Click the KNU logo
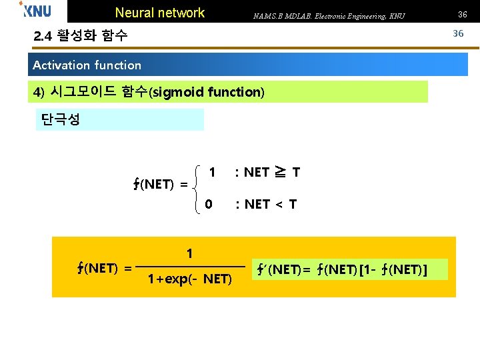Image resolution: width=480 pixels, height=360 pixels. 35,10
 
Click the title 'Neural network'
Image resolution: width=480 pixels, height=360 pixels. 160,13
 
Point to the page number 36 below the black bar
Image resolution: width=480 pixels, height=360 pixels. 458,33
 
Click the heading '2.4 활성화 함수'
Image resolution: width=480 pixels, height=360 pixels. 81,36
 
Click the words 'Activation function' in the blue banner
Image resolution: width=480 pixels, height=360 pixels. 87,65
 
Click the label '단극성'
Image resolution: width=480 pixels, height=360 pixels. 61,120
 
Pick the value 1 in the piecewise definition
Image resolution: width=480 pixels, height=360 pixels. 212,172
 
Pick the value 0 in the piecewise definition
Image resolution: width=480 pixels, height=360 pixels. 209,203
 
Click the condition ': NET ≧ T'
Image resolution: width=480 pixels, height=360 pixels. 267,173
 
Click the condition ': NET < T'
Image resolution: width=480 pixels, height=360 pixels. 265,204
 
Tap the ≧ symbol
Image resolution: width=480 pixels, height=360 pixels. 281,173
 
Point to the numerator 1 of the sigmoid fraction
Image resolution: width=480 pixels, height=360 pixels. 190,253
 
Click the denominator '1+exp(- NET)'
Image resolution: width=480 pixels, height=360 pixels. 190,278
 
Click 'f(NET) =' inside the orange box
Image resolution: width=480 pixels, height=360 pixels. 103,268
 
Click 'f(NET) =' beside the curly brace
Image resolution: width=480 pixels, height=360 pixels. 161,185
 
